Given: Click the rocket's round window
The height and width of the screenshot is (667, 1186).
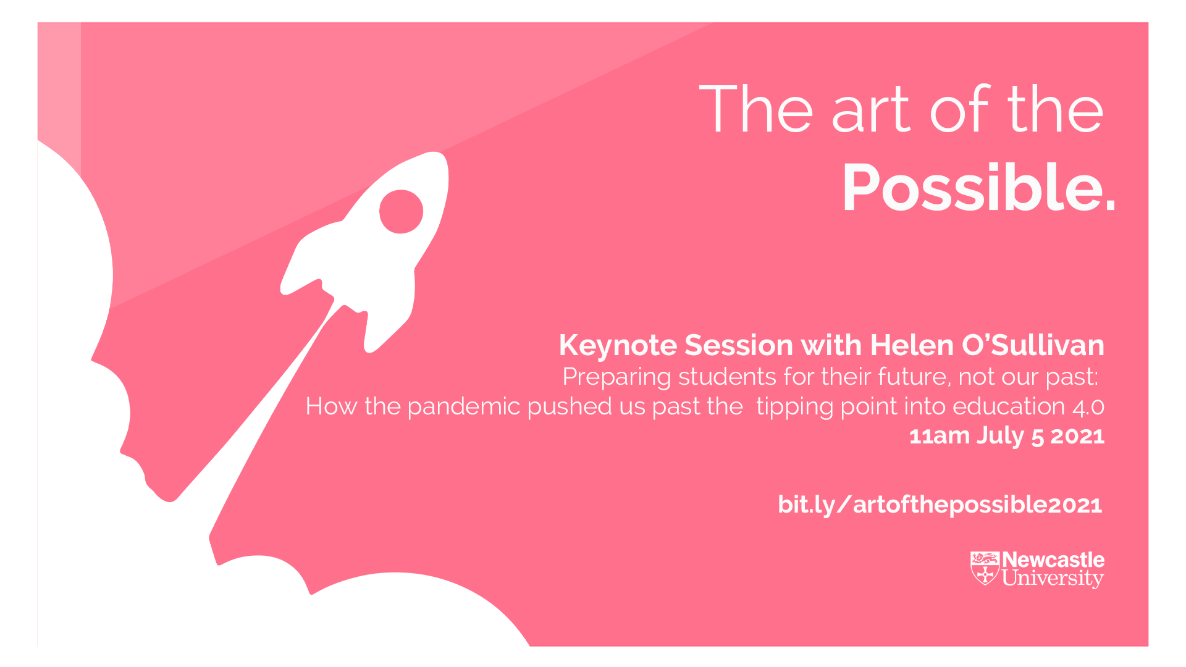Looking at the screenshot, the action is [x=401, y=212].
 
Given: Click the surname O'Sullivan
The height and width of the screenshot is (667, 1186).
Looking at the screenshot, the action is [x=1033, y=345].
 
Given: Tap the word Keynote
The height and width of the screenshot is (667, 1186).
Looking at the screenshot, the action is [x=618, y=345].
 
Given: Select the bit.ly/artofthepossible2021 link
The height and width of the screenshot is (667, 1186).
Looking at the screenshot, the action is [x=940, y=505].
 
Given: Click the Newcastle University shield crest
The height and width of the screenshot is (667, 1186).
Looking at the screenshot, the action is [x=985, y=568].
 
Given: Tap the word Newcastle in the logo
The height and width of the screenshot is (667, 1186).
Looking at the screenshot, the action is [x=1053, y=560].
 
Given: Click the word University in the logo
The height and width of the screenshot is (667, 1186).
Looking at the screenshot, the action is [x=1053, y=579].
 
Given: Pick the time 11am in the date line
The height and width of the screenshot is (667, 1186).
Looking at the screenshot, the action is [x=940, y=437].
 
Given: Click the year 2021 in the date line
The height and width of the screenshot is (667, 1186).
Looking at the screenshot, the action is [x=1078, y=437].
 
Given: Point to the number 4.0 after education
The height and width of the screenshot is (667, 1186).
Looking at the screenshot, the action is [x=1088, y=407].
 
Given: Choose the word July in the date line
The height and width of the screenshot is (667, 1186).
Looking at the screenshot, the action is [x=1001, y=437].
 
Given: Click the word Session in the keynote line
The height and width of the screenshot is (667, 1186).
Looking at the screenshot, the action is [x=739, y=345].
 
